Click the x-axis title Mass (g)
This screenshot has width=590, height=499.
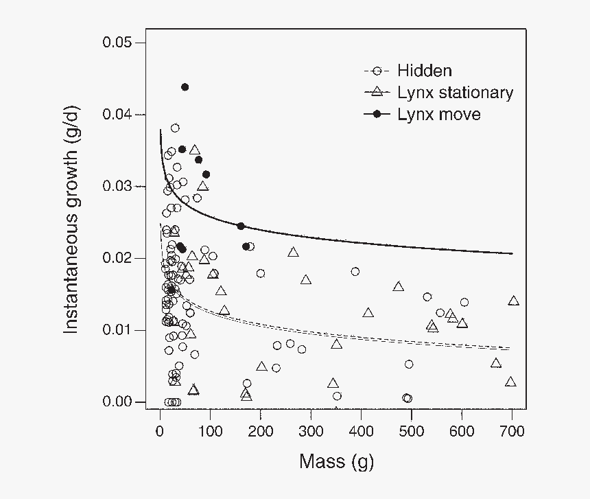pyautogui.click(x=336, y=461)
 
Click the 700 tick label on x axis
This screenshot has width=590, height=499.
pyautogui.click(x=512, y=431)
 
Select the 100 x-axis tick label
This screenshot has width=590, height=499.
pyautogui.click(x=210, y=431)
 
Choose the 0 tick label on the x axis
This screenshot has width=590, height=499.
pyautogui.click(x=160, y=431)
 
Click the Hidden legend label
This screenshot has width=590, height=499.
pyautogui.click(x=425, y=71)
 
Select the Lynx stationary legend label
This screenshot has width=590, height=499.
pyautogui.click(x=455, y=93)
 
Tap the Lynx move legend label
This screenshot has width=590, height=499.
pyautogui.click(x=439, y=115)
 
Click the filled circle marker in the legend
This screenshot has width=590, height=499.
pyautogui.click(x=376, y=115)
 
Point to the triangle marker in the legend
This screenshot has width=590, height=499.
pyautogui.click(x=376, y=92)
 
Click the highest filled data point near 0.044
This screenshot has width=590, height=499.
pyautogui.click(x=185, y=87)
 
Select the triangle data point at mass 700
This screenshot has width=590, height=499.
pyautogui.click(x=513, y=301)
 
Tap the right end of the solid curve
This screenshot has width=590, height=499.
pyautogui.click(x=512, y=253)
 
